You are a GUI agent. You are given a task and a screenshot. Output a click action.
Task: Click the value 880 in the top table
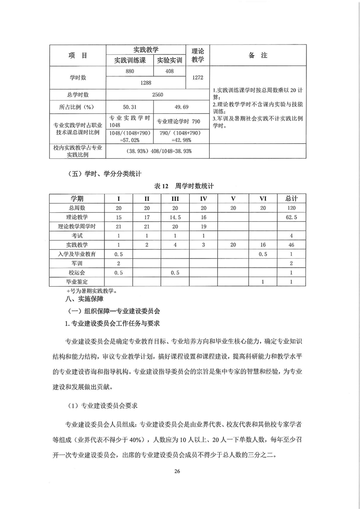point(129,71)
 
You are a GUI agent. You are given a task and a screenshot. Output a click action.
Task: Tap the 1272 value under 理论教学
point(197,78)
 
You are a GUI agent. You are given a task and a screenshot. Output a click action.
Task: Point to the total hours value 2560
point(157,95)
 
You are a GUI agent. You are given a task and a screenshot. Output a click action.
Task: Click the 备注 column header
point(258,55)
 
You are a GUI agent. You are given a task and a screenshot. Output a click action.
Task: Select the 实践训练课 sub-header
point(129,60)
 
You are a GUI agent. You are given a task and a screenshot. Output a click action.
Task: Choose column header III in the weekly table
point(175,199)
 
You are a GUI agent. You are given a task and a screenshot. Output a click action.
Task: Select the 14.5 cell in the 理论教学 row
point(175,217)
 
